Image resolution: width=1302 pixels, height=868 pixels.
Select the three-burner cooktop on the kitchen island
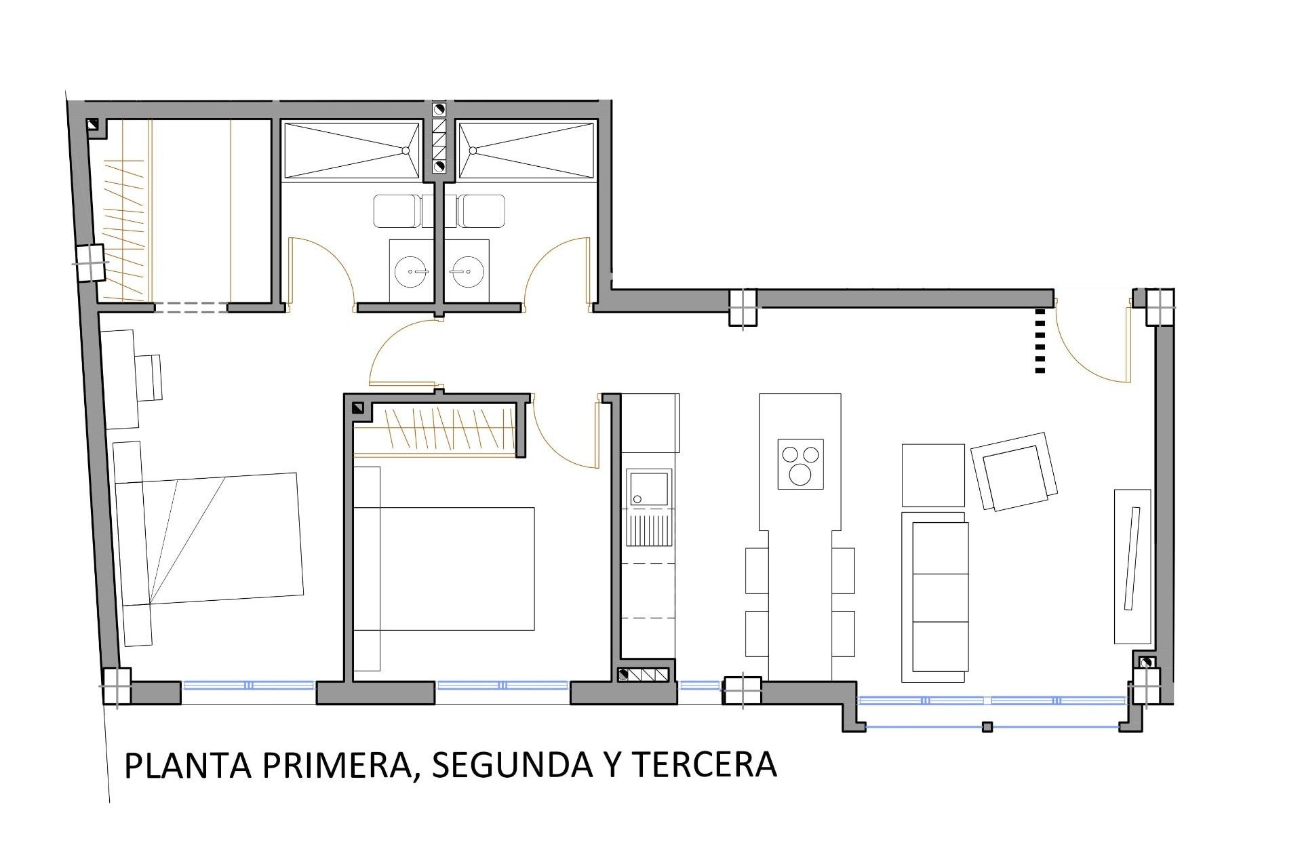pyautogui.click(x=801, y=464)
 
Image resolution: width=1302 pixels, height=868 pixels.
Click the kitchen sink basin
pyautogui.click(x=648, y=488)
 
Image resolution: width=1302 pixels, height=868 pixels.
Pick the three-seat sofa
pyautogui.click(x=935, y=597)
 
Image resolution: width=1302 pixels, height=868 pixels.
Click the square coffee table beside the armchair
pyautogui.click(x=933, y=475)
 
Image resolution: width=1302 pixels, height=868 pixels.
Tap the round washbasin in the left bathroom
pyautogui.click(x=411, y=272)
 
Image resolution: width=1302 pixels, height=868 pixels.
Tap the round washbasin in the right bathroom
pyautogui.click(x=465, y=272)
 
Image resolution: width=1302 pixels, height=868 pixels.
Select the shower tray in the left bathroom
pyautogui.click(x=351, y=151)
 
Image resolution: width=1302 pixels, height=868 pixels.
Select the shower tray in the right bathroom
pyautogui.click(x=526, y=151)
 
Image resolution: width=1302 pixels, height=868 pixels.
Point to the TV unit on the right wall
pyautogui.click(x=1132, y=566)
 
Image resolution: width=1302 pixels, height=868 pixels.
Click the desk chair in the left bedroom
pyautogui.click(x=149, y=377)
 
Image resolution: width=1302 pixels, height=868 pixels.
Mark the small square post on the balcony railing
pyautogui.click(x=987, y=727)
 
